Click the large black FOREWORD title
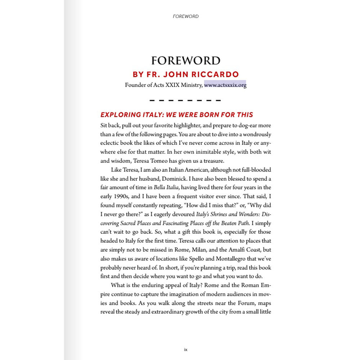coord(185,60)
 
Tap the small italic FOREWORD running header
coord(185,16)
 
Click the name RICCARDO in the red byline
coord(215,75)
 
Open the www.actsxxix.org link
coord(225,85)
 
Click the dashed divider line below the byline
coord(185,100)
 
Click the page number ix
coord(185,349)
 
